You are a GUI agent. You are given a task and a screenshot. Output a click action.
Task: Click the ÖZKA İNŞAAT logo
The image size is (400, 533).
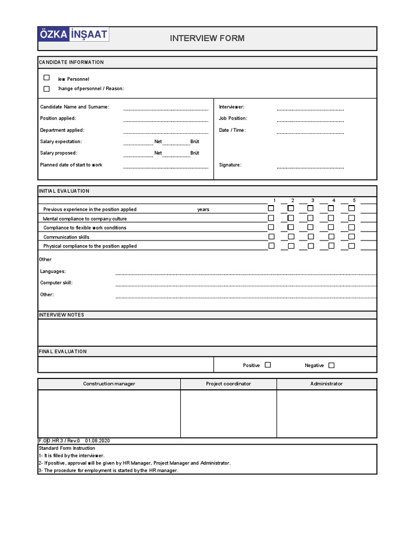coord(73,35)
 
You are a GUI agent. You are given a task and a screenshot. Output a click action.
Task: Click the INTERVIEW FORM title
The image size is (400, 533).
coord(207,38)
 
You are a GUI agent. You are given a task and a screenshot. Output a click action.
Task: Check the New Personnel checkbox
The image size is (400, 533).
coord(46,78)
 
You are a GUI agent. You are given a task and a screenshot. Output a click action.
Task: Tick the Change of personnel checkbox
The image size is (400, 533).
coord(46,88)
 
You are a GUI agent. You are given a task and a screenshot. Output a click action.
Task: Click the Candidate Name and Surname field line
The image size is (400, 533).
coord(165,108)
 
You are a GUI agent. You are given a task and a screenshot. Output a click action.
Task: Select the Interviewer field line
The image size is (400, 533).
coord(310,108)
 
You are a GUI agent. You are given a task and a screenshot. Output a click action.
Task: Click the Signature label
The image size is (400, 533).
coord(230,165)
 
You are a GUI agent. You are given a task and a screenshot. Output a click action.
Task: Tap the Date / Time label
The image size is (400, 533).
coord(232,130)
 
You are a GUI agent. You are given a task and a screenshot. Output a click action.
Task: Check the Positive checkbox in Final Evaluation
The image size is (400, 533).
coord(268,365)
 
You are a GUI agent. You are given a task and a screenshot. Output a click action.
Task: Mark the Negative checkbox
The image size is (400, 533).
coord(331,365)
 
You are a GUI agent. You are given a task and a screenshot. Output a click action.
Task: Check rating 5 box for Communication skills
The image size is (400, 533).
coord(352,236)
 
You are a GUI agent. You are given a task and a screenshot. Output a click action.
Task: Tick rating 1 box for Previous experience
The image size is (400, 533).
coord(271,209)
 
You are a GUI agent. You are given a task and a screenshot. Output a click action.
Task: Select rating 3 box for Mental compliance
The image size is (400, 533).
coord(310,218)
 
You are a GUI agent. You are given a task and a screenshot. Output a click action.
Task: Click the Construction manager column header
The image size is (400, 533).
coord(109,384)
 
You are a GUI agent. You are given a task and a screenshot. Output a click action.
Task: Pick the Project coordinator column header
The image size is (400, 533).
coord(228,384)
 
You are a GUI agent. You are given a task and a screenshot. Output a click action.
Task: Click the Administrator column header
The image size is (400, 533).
coord(326,384)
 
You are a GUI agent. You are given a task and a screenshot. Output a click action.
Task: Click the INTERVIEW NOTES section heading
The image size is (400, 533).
coord(61,315)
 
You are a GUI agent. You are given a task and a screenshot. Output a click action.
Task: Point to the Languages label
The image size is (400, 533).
coord(53,271)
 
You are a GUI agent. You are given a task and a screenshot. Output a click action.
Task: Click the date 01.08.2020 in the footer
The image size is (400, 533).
coord(98,441)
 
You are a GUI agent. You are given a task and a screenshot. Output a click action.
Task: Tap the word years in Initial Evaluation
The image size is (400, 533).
coord(203,209)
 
